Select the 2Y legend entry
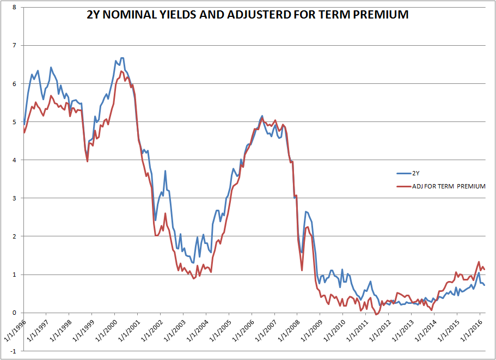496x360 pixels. point(415,173)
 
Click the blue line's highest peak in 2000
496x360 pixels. point(122,58)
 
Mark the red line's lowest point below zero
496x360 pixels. point(377,314)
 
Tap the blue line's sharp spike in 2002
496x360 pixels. point(165,171)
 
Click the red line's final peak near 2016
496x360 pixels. point(479,262)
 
